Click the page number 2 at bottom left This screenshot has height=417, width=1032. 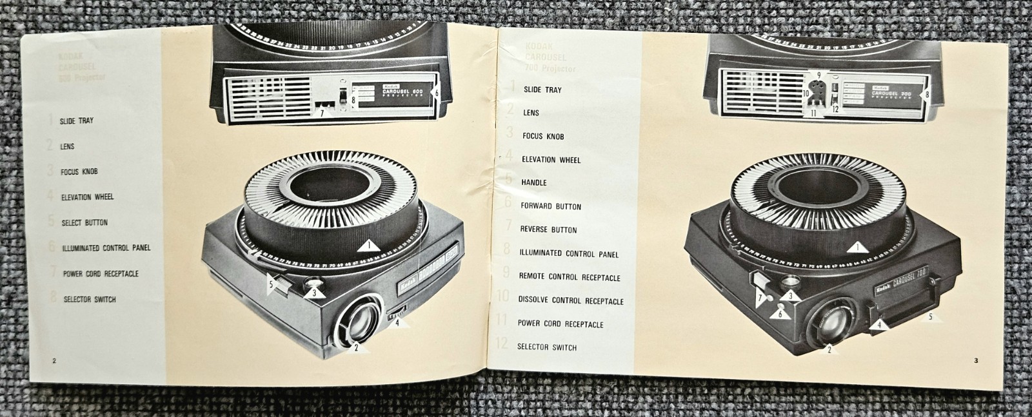(54, 360)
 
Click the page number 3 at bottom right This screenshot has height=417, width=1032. (975, 360)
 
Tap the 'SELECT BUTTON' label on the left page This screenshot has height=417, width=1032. (84, 222)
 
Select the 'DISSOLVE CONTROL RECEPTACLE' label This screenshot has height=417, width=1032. (570, 300)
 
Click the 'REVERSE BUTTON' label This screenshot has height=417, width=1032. (548, 229)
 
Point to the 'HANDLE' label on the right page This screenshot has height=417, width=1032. (533, 182)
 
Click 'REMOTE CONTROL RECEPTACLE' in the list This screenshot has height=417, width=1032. (570, 276)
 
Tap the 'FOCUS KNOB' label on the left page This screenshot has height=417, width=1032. (79, 172)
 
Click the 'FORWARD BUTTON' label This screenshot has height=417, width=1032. (551, 206)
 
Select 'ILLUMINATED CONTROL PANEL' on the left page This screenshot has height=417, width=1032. (106, 247)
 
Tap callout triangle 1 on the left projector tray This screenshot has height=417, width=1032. (368, 246)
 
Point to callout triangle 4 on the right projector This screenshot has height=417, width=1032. (878, 325)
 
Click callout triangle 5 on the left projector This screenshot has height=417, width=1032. (273, 282)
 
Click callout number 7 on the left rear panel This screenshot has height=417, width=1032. (322, 113)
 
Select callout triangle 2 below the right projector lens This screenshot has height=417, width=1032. (829, 350)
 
